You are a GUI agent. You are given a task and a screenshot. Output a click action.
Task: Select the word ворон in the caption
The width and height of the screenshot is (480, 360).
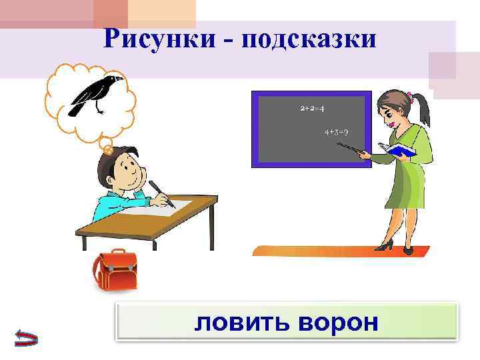point(338,323)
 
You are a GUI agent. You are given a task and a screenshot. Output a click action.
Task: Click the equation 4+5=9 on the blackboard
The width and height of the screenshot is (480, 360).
point(337,132)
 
